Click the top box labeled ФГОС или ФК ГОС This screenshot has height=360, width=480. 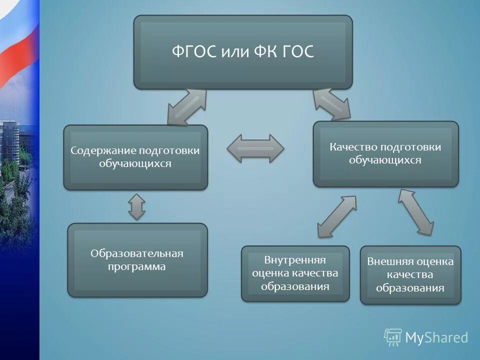[242, 51]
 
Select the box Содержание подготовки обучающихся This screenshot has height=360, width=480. [135, 157]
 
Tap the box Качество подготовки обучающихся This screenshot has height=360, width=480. [385, 153]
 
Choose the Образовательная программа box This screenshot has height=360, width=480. [137, 260]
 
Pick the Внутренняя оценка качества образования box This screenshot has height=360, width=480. [295, 273]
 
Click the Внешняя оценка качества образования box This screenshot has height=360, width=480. [410, 274]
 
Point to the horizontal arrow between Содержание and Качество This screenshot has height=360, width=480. [255, 148]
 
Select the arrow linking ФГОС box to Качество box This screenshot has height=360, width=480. [331, 105]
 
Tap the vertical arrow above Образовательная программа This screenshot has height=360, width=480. [136, 206]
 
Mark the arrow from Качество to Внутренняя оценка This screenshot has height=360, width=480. [336, 216]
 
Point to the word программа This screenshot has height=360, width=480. [136, 266]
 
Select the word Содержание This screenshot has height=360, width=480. [103, 150]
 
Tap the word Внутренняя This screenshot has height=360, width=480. [295, 260]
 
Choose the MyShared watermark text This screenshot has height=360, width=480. [436, 337]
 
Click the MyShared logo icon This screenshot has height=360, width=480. [393, 337]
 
